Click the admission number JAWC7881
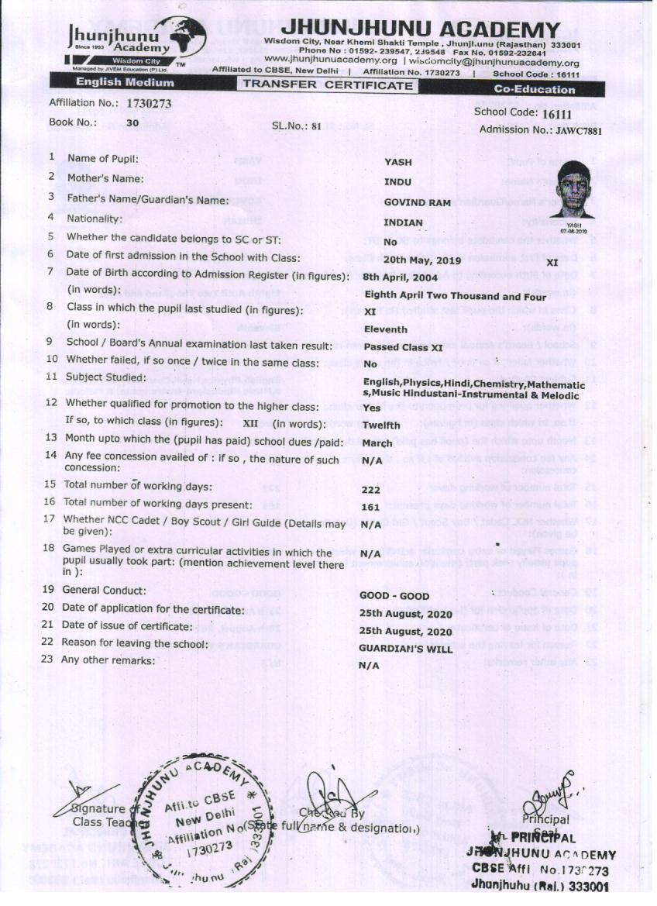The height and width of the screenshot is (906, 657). [x=577, y=130]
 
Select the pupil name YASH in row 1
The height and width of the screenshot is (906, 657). [x=398, y=162]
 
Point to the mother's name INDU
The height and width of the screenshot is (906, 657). [x=398, y=182]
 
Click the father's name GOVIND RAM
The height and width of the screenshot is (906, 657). [x=417, y=202]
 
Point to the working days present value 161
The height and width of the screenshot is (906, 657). [x=370, y=508]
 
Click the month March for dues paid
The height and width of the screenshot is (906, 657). [x=377, y=443]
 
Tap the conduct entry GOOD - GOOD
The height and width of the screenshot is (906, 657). [x=394, y=596]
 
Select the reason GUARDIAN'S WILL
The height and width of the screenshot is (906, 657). [x=406, y=649]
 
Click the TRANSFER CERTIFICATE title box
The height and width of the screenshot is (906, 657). [x=328, y=85]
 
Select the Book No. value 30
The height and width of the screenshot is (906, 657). [x=132, y=122]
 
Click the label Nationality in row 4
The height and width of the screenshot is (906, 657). [x=95, y=219]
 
